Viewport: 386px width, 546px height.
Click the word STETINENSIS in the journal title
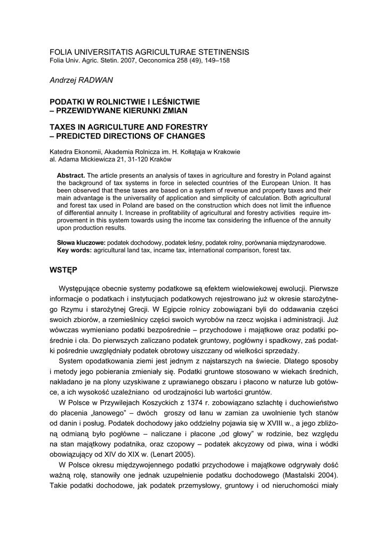click(x=219, y=52)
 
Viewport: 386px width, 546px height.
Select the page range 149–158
click(x=216, y=61)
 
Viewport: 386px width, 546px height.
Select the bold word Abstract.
click(x=71, y=175)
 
